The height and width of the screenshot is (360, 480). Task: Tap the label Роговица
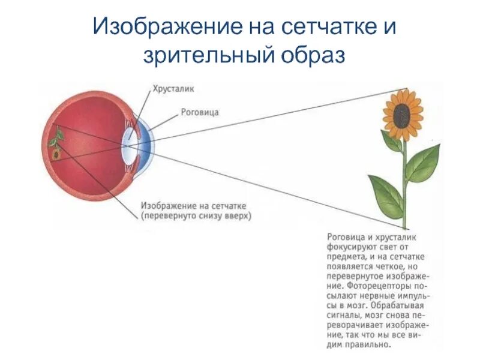(199, 112)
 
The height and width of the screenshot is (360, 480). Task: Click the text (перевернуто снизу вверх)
(197, 215)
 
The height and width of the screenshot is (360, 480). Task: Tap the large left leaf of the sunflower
(386, 192)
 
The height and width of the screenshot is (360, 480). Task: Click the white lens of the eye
(128, 145)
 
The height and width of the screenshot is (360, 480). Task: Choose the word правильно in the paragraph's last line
(366, 345)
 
